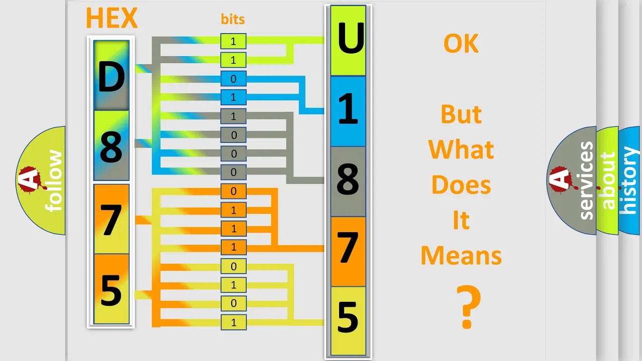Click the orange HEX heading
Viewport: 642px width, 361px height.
[112, 18]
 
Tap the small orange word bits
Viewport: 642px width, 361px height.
[233, 19]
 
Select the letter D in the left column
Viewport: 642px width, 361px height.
[111, 77]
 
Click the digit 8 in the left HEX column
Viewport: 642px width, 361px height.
[111, 147]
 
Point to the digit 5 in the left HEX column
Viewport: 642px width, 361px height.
[111, 290]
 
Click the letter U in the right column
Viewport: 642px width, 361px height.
[351, 38]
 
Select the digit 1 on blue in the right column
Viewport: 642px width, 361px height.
[348, 109]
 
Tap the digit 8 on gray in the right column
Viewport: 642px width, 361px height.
[348, 179]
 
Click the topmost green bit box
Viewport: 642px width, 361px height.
[233, 41]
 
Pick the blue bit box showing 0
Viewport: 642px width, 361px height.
[233, 79]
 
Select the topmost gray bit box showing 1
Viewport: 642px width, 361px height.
[233, 116]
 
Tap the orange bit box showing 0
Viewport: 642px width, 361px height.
[233, 191]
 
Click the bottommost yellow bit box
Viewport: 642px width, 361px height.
[233, 322]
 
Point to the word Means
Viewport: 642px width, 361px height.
[461, 255]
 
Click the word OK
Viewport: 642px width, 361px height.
[461, 43]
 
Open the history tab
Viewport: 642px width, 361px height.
[629, 180]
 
